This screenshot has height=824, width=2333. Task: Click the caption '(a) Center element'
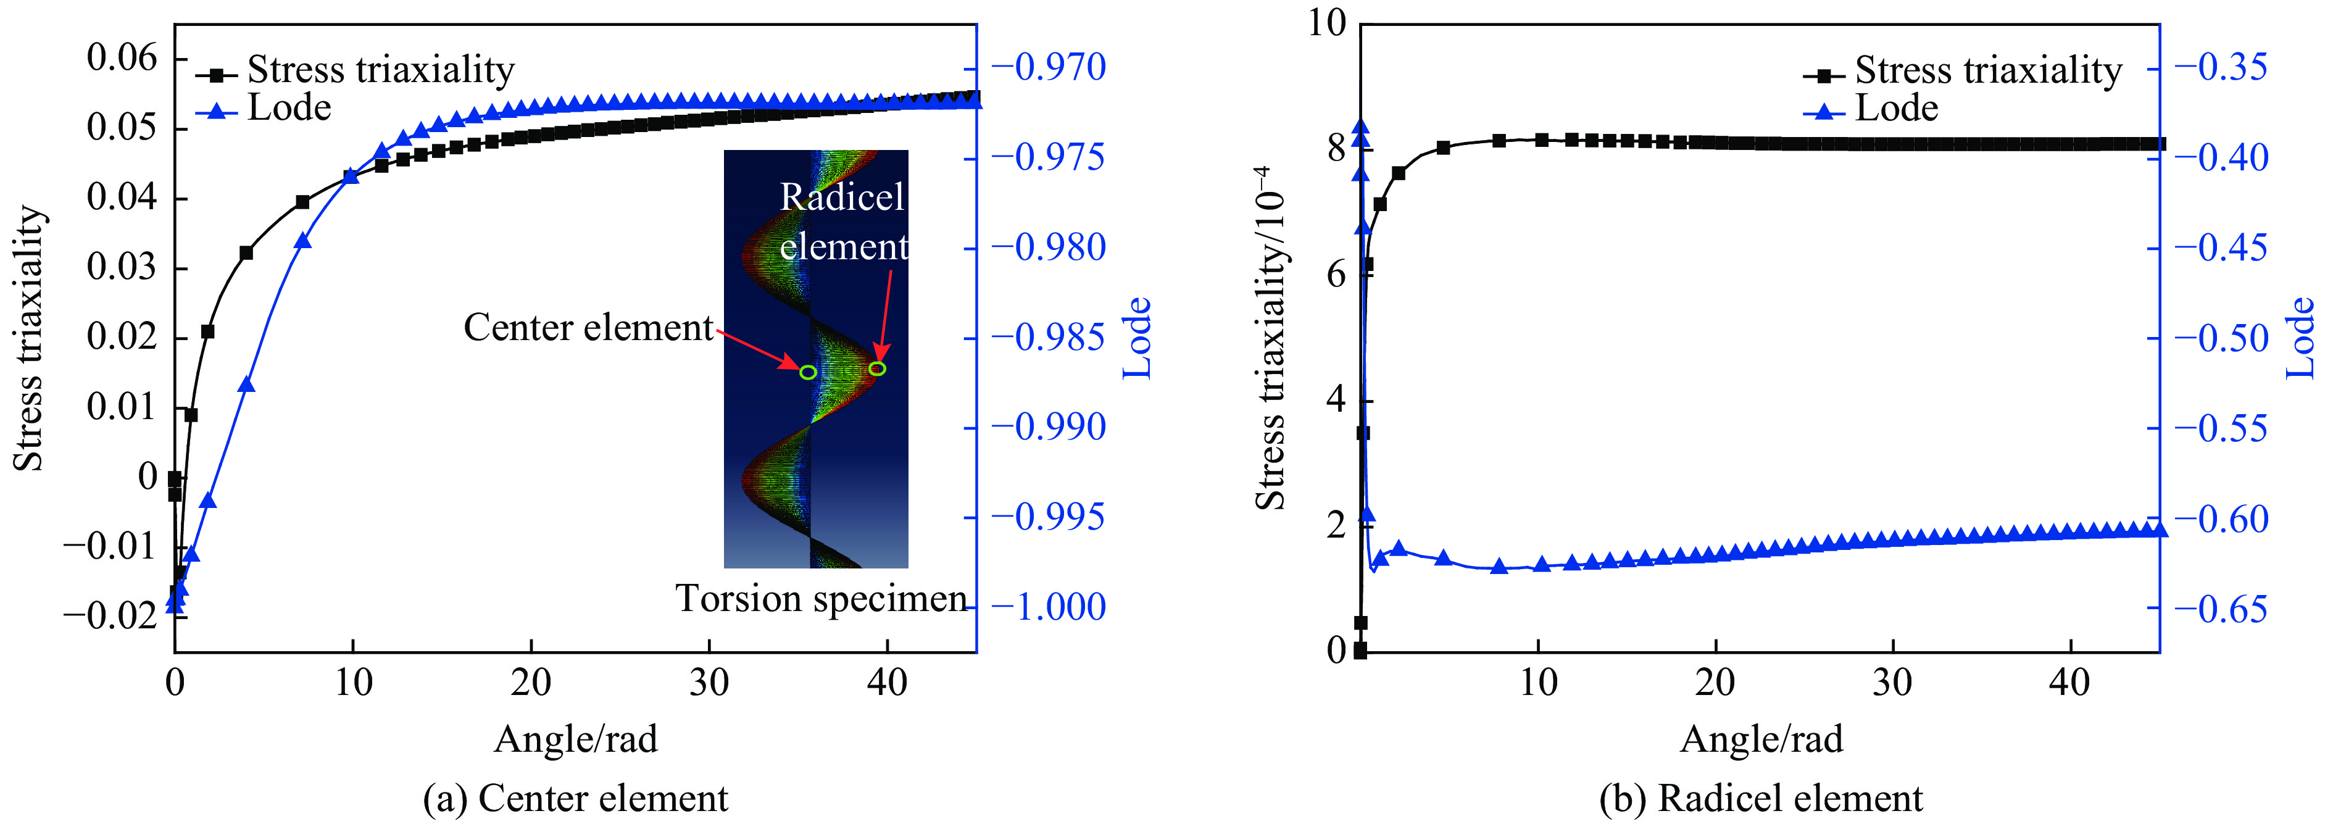click(x=576, y=799)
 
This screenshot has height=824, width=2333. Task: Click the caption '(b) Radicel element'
click(x=1761, y=799)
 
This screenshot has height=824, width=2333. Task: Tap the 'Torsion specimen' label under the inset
click(x=820, y=599)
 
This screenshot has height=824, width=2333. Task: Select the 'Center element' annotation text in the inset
click(x=589, y=328)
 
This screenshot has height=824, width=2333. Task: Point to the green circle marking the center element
click(x=808, y=372)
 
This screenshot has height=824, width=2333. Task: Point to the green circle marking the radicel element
click(x=876, y=368)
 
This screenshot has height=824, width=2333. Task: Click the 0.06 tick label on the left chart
click(x=122, y=58)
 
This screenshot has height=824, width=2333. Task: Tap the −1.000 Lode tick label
click(x=1049, y=607)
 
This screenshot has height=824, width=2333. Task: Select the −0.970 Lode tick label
click(x=1049, y=67)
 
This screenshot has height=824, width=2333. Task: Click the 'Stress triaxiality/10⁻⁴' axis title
click(x=1271, y=338)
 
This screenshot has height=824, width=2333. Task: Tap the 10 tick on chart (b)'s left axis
click(x=1327, y=23)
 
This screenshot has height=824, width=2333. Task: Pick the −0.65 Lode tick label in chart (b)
click(x=2221, y=609)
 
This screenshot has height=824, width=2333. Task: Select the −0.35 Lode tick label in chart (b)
click(x=2221, y=67)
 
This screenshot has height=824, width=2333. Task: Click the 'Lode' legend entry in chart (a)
click(x=288, y=109)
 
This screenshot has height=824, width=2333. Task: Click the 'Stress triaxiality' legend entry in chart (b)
click(x=1987, y=70)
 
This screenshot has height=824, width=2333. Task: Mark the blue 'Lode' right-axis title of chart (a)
click(x=1137, y=338)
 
